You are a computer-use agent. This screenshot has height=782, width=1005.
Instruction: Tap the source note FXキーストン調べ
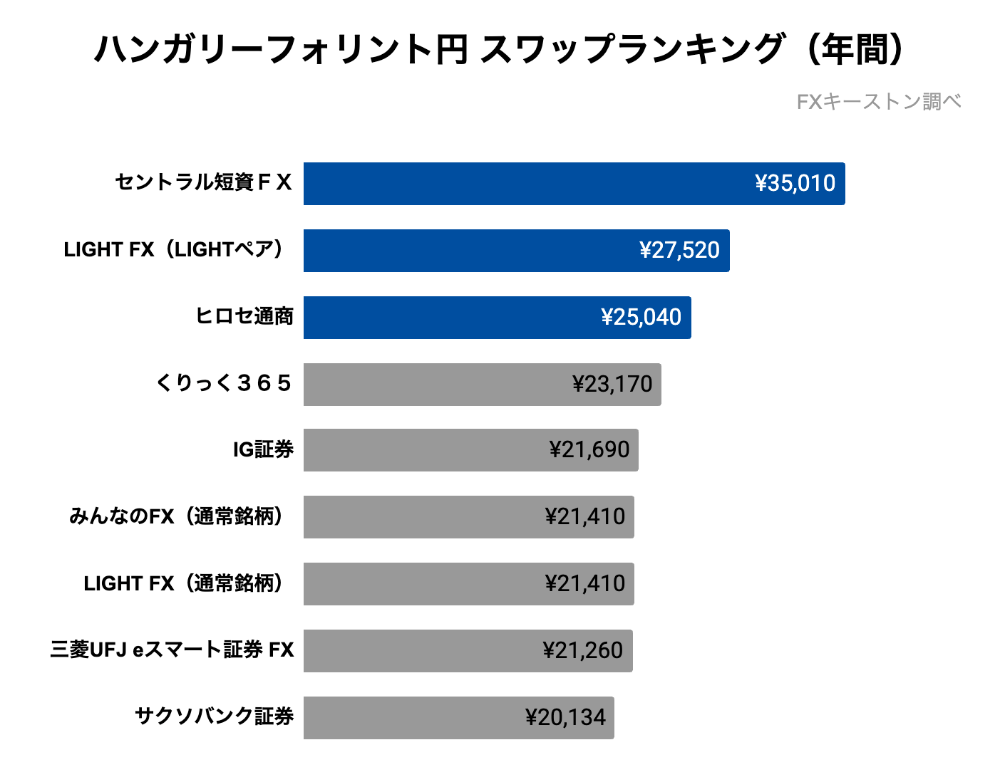pos(878,102)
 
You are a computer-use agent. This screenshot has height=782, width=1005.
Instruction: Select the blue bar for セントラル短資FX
pos(527,184)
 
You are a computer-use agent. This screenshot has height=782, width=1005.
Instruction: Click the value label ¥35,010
pos(795,184)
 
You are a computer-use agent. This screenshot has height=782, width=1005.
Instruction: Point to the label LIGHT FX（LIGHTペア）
pos(176,250)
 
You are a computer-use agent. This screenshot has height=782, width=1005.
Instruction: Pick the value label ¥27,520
pos(679,251)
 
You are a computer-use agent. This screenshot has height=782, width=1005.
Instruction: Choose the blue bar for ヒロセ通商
pos(449,318)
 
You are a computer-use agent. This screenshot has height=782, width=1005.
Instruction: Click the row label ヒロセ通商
pos(244,316)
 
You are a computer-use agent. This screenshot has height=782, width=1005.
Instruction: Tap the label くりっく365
pos(224,384)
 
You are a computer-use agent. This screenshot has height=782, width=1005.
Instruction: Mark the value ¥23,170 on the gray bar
pos(612,385)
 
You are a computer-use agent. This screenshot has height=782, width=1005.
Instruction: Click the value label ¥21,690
pos(589,450)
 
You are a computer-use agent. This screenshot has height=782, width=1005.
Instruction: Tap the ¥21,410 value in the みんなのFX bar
pos(585,517)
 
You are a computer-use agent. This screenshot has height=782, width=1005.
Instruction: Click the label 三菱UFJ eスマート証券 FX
pos(172,650)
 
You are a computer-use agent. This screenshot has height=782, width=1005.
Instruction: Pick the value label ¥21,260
pos(583,651)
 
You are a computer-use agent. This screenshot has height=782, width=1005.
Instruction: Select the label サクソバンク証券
pos(215,716)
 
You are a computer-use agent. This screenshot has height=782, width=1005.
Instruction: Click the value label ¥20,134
pos(566,718)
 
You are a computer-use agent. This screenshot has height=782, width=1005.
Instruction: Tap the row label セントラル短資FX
pos(204,183)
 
